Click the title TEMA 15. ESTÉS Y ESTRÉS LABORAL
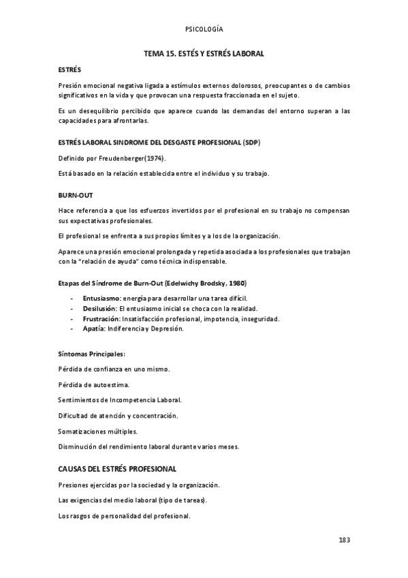pos(204,52)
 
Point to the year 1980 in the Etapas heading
pos(236,282)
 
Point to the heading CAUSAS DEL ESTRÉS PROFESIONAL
pos(117,469)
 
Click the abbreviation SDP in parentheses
pos(251,142)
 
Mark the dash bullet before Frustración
pos(72,318)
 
